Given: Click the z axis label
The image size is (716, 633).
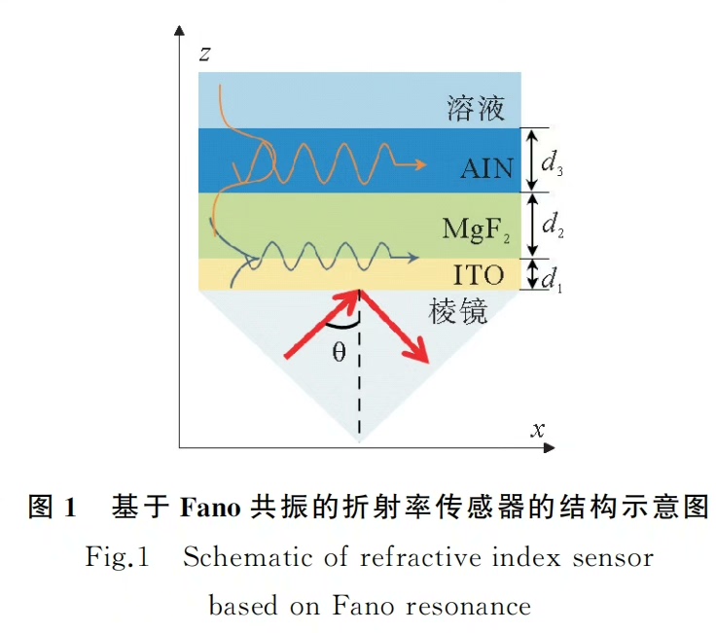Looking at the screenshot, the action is (205, 54).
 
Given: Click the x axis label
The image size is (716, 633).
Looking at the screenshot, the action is (536, 429).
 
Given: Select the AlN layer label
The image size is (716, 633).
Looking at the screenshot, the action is (486, 168).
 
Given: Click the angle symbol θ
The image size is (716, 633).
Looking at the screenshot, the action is (339, 352).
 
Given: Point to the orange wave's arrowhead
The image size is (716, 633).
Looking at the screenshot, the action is (420, 163).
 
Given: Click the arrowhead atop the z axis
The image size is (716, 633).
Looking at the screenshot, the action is (179, 31).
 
